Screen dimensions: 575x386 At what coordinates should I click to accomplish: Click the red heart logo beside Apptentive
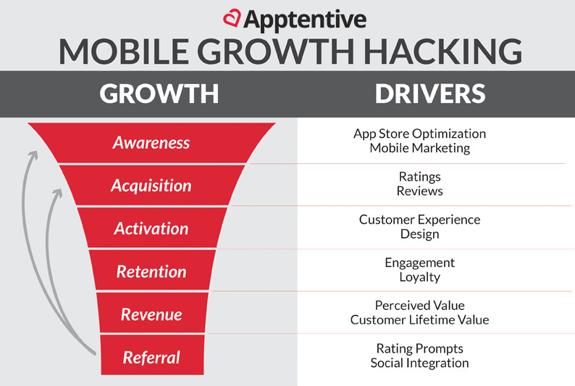point(232,17)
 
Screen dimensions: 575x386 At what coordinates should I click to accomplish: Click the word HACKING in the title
point(442,51)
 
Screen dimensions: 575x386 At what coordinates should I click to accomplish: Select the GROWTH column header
point(159,94)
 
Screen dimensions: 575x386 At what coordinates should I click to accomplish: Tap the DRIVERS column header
point(430,94)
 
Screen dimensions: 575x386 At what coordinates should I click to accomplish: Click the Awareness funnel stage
point(151,142)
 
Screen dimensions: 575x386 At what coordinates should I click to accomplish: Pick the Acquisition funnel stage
point(151,186)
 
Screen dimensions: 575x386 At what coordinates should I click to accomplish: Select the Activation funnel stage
point(151,229)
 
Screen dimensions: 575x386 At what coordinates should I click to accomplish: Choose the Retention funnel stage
point(151,271)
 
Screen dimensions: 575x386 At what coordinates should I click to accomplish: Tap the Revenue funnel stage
point(151,314)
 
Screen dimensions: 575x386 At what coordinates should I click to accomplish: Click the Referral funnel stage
point(151,358)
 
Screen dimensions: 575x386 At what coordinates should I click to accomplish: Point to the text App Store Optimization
point(419,134)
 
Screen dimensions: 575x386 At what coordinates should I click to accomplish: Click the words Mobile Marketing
point(419,148)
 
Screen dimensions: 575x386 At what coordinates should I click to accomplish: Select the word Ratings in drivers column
point(419,177)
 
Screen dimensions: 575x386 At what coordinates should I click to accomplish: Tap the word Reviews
point(419,191)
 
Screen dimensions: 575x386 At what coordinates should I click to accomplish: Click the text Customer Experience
point(419,220)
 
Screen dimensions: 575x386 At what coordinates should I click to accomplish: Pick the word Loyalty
point(419,277)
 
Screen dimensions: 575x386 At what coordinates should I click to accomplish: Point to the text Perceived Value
point(419,305)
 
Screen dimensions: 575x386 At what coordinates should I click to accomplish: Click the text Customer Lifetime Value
point(419,319)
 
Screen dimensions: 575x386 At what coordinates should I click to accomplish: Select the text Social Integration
point(419,363)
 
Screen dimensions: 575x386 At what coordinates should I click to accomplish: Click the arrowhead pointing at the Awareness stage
point(34,155)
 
